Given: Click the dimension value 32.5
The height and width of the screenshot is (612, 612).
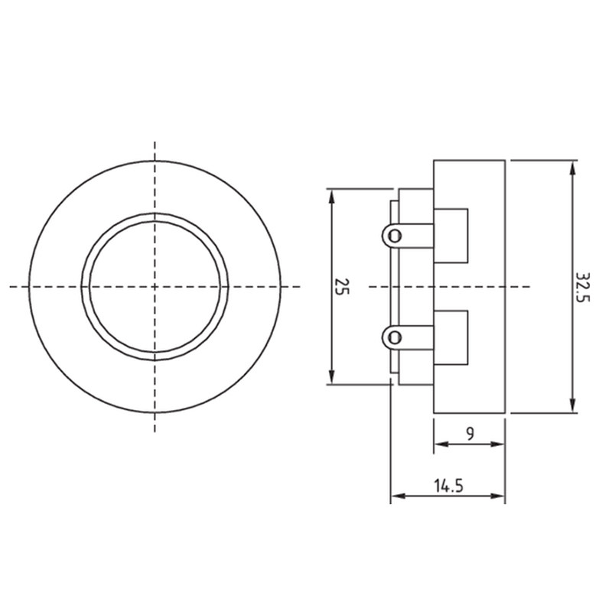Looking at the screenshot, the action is click(x=583, y=288).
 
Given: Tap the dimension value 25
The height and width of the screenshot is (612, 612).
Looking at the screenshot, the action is click(x=342, y=286).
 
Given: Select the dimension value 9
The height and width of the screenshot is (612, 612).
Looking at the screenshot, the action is click(x=470, y=433).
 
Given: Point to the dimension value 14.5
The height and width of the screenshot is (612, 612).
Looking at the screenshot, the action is click(x=448, y=486).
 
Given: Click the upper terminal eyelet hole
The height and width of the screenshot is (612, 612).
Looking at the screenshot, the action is click(x=395, y=236).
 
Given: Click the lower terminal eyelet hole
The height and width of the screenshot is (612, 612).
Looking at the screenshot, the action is click(x=395, y=337).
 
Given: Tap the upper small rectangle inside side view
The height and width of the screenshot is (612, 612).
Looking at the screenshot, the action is click(x=451, y=236).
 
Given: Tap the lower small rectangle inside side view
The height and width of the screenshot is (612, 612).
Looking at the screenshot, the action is click(x=451, y=337).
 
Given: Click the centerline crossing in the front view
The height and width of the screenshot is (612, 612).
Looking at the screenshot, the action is click(x=155, y=287).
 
